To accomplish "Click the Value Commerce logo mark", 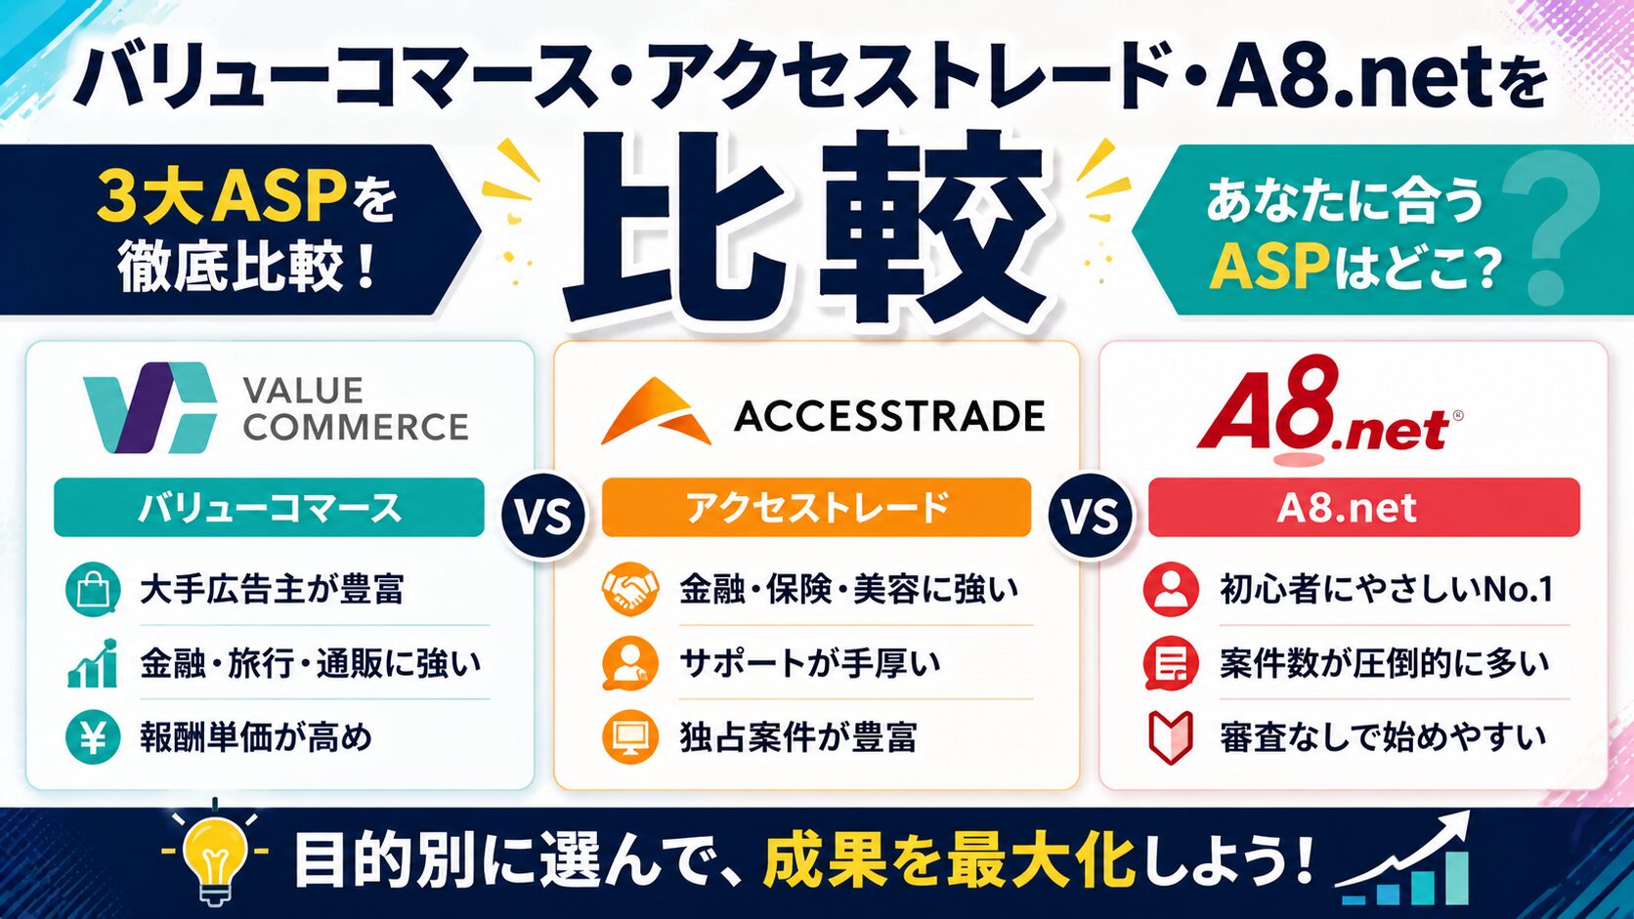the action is pos(150,407).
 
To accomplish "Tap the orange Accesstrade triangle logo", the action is pos(656,411).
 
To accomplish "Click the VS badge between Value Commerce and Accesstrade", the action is pos(543,516).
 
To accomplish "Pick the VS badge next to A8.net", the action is pos(1090,516).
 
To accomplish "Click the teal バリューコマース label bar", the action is pos(269,507).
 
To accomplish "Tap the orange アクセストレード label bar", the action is pos(816,507).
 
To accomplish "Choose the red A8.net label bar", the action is pos(1364,507).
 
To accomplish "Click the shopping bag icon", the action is pos(93,590).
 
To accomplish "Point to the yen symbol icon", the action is pos(93,737).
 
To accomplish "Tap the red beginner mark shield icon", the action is pos(1171,737).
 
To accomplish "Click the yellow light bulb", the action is pos(214,853).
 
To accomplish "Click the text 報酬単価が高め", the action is pos(256,737).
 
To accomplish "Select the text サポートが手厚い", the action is pos(810,663).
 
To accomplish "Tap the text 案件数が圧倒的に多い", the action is pos(1384,663).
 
